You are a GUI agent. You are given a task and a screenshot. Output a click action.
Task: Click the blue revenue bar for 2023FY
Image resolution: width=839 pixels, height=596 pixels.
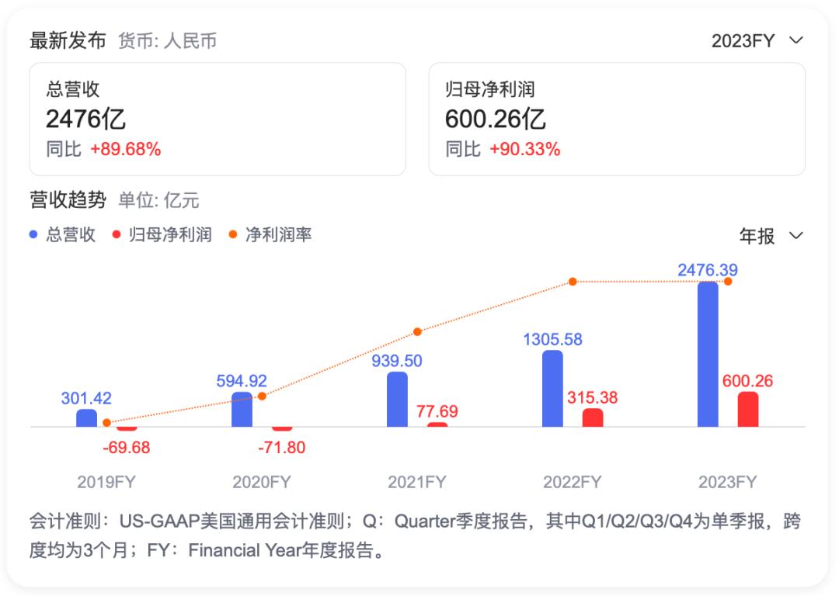pyautogui.click(x=708, y=355)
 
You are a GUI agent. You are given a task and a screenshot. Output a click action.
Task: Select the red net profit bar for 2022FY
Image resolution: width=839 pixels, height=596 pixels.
pyautogui.click(x=593, y=418)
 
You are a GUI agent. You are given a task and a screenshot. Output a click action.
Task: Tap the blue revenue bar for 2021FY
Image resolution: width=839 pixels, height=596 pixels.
pyautogui.click(x=397, y=399)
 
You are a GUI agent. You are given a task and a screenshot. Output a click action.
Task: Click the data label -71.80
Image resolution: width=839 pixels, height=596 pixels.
pyautogui.click(x=280, y=448)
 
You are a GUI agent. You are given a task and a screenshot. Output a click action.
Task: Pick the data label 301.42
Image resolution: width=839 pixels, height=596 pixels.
pyautogui.click(x=86, y=398)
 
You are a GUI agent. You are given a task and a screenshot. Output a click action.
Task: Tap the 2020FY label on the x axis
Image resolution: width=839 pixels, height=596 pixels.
pyautogui.click(x=262, y=482)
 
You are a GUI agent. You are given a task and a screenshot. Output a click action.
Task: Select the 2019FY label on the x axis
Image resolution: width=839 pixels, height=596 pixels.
pyautogui.click(x=106, y=482)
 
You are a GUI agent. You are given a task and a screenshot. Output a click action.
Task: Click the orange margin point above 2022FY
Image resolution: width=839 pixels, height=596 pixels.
pyautogui.click(x=573, y=281)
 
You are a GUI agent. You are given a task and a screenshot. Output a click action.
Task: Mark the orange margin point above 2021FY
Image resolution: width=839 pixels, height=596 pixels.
pyautogui.click(x=417, y=331)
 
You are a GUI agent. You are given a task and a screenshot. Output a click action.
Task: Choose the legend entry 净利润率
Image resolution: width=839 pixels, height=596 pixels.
pyautogui.click(x=278, y=234)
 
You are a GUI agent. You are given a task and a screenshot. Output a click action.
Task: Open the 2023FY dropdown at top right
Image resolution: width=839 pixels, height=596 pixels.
pyautogui.click(x=757, y=41)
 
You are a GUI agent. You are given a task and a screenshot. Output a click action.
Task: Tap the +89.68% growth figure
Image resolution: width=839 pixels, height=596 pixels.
pyautogui.click(x=126, y=150)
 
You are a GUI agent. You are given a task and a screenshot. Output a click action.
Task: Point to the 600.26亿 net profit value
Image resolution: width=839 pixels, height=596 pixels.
pyautogui.click(x=495, y=120)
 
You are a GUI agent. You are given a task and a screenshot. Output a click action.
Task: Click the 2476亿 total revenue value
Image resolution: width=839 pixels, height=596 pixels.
pyautogui.click(x=85, y=120)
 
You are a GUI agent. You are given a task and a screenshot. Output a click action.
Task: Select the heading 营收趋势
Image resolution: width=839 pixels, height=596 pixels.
pyautogui.click(x=68, y=200)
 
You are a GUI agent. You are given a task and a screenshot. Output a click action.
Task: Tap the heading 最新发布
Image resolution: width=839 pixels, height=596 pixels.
pyautogui.click(x=68, y=41)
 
